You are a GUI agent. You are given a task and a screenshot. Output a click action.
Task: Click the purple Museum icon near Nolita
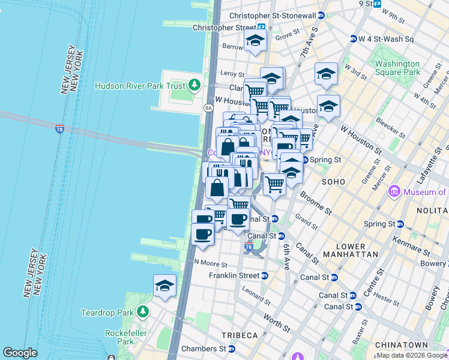pos(394,192)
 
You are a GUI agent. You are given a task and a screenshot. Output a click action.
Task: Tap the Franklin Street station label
pos(234,275)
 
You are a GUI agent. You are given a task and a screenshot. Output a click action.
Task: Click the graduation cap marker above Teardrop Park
pos(164,286)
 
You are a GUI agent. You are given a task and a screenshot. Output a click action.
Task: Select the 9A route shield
pos(208,108)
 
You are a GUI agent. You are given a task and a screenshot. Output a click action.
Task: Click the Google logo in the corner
pos(20,353)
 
